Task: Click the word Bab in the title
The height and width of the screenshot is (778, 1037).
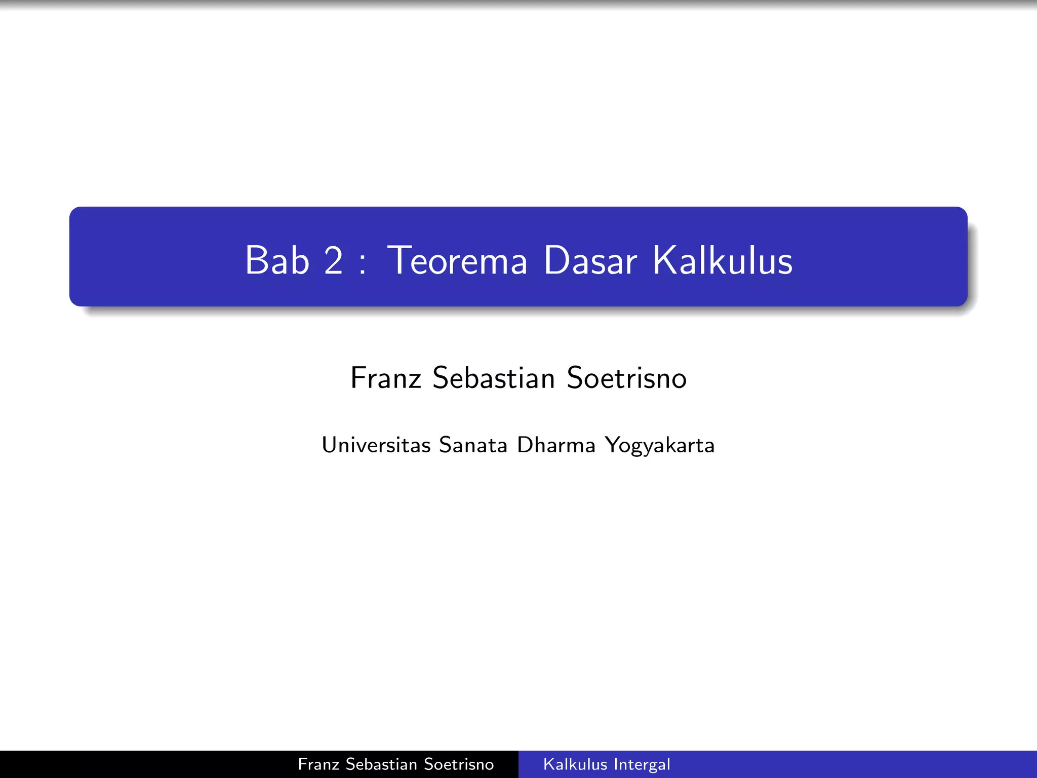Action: click(277, 260)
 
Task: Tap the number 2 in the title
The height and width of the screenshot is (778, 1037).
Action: click(333, 260)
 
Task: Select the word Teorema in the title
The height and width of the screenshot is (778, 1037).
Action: click(458, 260)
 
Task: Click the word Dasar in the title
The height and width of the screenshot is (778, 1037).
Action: click(590, 260)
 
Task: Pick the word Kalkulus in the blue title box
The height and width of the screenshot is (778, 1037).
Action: click(723, 260)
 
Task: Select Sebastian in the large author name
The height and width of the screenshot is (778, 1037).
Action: click(494, 378)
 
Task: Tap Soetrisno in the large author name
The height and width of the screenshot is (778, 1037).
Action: click(627, 378)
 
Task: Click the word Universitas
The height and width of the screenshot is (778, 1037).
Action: click(376, 445)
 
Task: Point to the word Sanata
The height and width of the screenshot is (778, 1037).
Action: click(473, 445)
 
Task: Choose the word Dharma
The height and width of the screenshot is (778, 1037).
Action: click(556, 445)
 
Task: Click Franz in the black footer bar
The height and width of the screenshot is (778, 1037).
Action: click(317, 764)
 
